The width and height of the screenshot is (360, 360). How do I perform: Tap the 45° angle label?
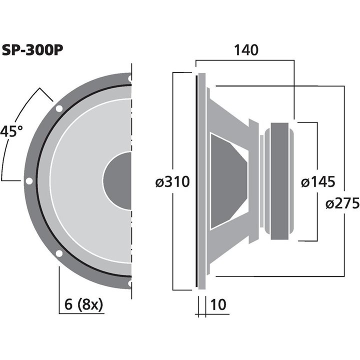12,132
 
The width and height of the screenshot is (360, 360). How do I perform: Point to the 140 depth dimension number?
245,50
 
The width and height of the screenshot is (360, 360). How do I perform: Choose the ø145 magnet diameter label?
317,181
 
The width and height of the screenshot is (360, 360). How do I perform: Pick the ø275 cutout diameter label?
342,203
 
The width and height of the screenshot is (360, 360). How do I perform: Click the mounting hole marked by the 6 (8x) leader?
59,253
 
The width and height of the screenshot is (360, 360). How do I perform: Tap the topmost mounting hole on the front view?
130,78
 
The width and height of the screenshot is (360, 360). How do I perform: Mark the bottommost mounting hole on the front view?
130,283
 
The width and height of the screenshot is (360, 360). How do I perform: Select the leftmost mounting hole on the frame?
29,181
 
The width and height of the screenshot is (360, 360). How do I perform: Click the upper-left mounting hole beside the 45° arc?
59,108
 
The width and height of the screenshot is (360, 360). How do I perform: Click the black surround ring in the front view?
38,181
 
